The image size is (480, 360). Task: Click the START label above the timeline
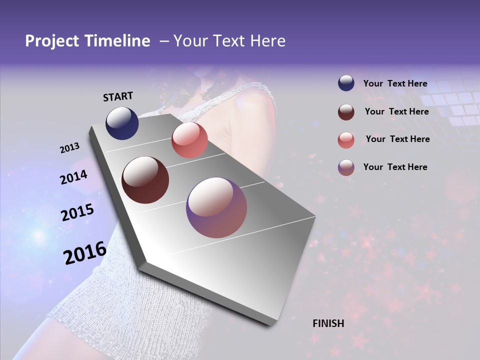118,96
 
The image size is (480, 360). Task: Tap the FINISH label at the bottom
328,323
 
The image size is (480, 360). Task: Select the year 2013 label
69,148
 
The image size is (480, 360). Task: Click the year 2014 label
73,177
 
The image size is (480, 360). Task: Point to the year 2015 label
77,212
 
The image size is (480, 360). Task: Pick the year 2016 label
84,253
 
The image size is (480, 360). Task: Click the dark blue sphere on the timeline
122,123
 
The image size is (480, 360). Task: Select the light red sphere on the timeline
189,140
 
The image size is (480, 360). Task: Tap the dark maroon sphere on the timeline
145,180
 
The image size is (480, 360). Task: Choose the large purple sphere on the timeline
216,207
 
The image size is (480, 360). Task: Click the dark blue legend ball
346,83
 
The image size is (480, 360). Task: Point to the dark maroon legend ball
346,112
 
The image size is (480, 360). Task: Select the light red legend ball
346,140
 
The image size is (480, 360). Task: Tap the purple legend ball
346,167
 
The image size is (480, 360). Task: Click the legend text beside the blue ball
395,84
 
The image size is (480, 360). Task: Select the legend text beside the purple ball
395,167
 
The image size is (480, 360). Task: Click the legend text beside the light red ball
397,139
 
